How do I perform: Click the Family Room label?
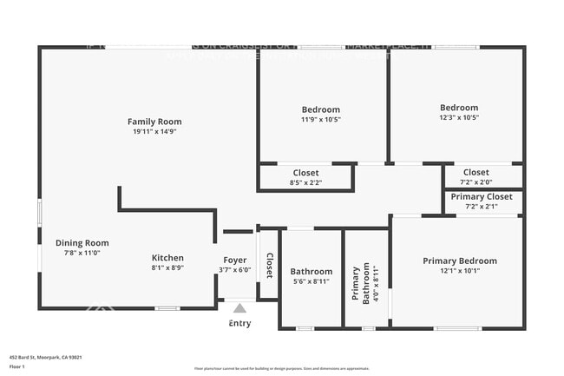(154, 122)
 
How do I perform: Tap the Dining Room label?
(82, 243)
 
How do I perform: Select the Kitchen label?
(167, 258)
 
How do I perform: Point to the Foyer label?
(234, 260)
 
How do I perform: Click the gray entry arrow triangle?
(239, 307)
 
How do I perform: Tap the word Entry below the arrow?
(239, 323)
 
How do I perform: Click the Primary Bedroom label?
(460, 261)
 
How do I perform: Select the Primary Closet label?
(482, 196)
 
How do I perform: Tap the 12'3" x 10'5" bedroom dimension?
(459, 118)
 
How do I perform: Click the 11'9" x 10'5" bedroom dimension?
(321, 120)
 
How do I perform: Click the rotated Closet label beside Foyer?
(269, 265)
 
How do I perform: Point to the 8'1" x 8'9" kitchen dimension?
(167, 268)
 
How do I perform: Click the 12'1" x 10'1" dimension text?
(460, 271)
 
